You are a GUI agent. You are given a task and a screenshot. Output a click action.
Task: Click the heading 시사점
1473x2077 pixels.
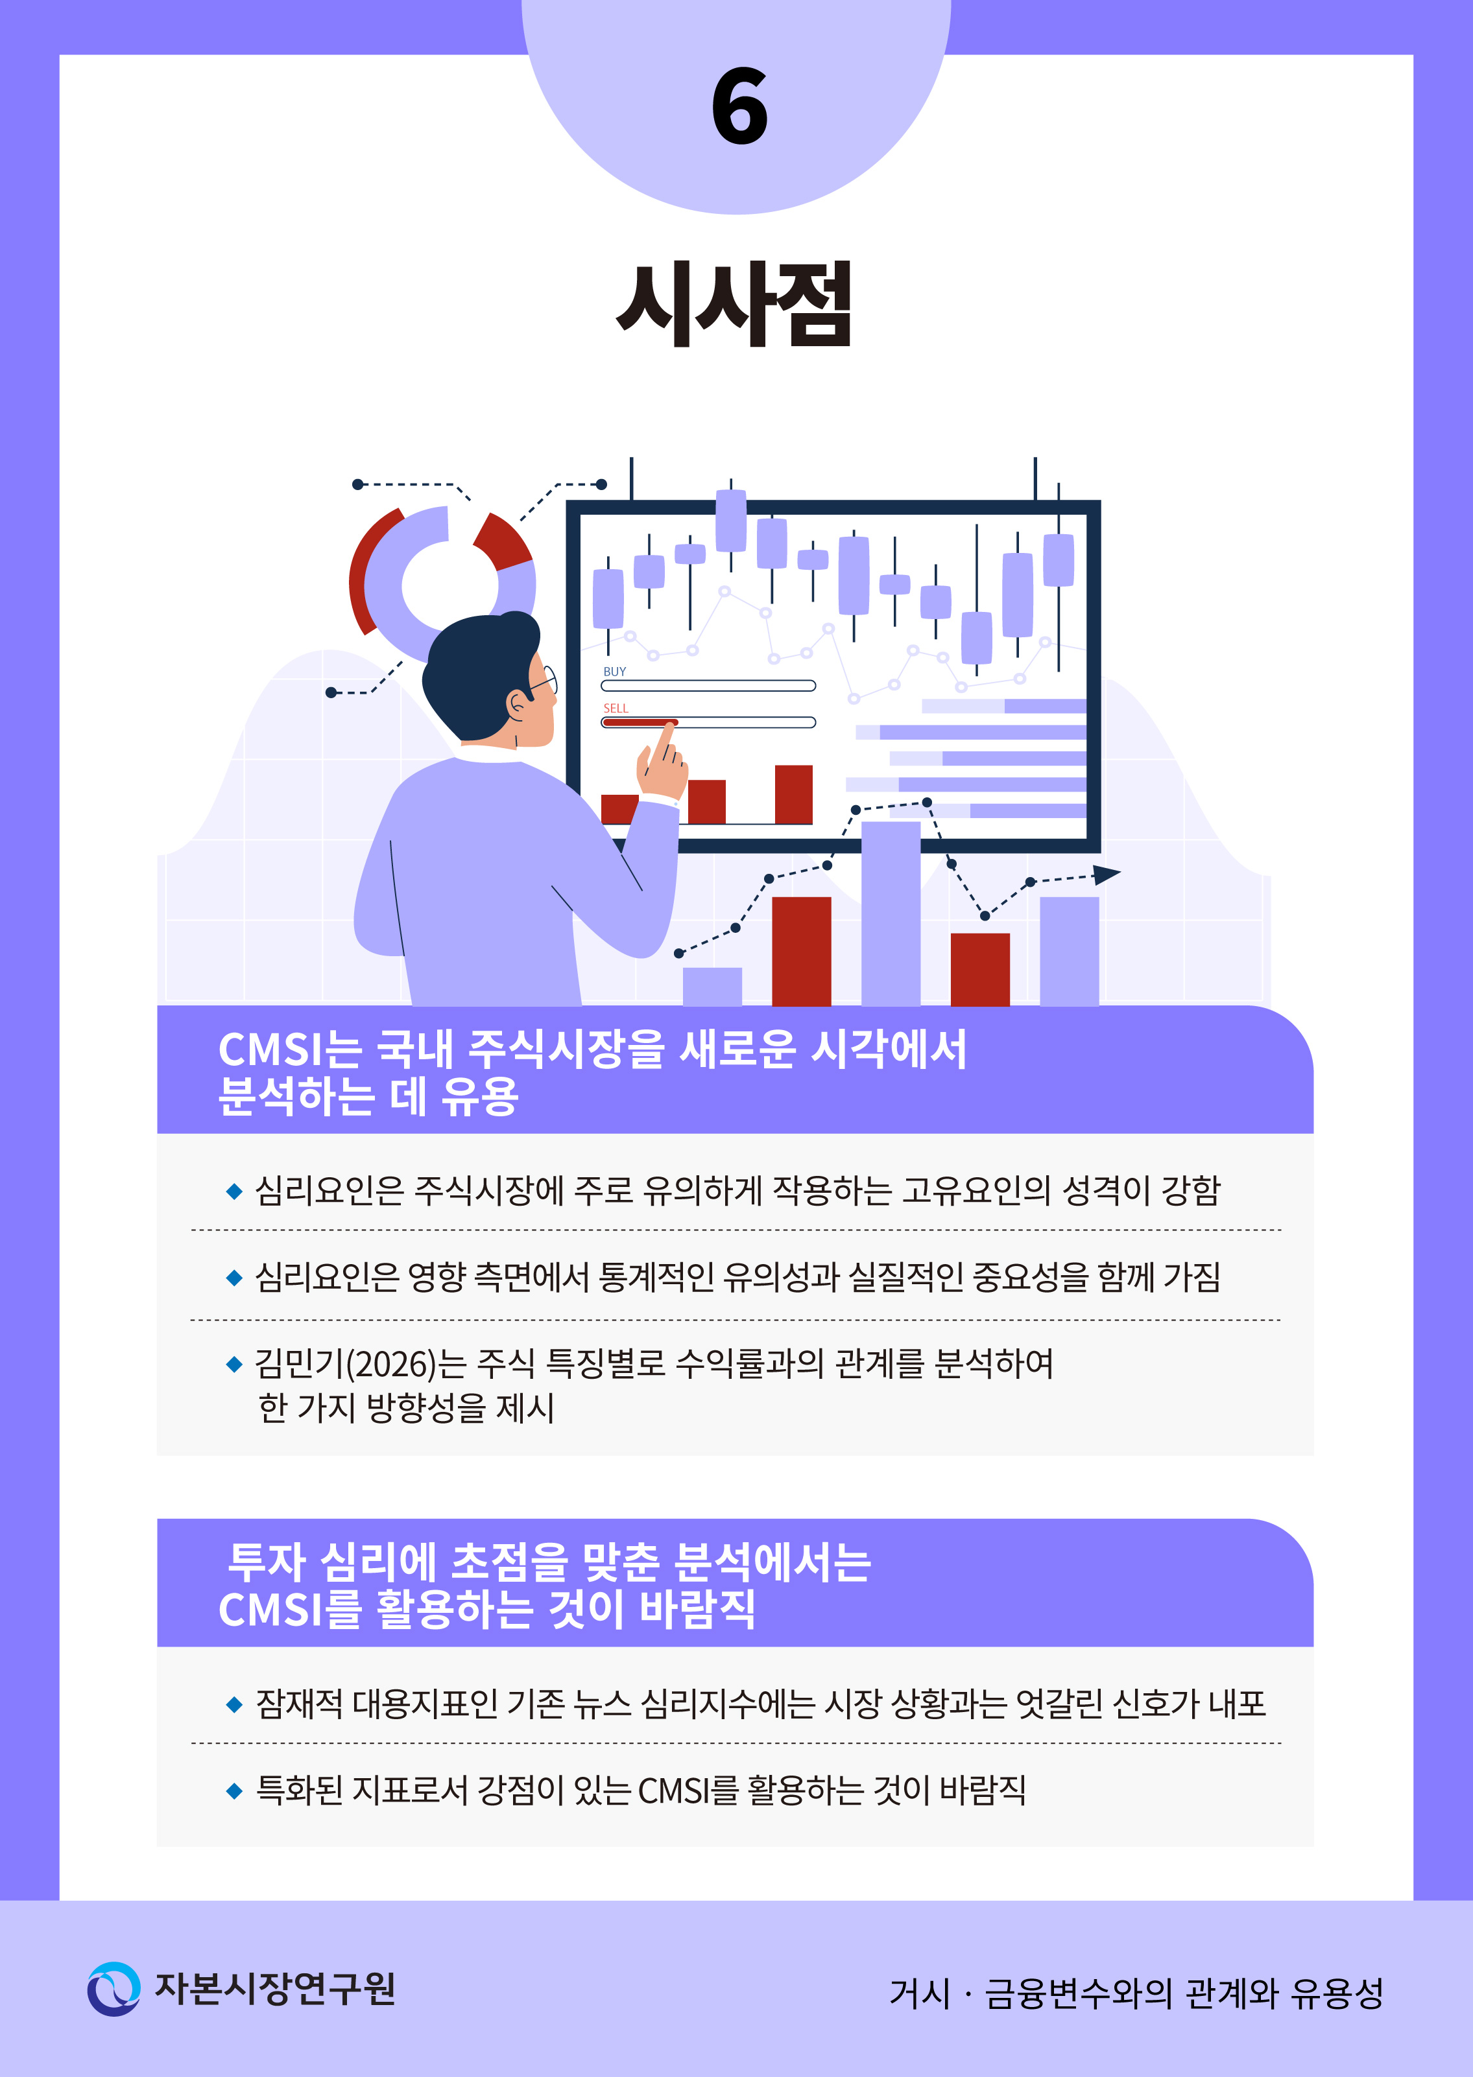tap(735, 304)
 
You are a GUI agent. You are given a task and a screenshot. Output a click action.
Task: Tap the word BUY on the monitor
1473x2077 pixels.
tap(614, 672)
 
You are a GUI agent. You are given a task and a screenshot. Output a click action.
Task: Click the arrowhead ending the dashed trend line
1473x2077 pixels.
tap(1106, 875)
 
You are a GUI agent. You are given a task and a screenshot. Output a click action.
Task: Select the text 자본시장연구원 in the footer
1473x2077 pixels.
tap(275, 1988)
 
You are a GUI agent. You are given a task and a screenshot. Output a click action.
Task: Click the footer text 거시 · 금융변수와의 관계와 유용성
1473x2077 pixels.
tap(1136, 1993)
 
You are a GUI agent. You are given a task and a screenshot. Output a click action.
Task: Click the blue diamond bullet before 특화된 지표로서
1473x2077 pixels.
tap(234, 1790)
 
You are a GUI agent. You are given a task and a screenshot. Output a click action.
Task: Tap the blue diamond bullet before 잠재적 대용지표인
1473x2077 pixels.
tap(234, 1704)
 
